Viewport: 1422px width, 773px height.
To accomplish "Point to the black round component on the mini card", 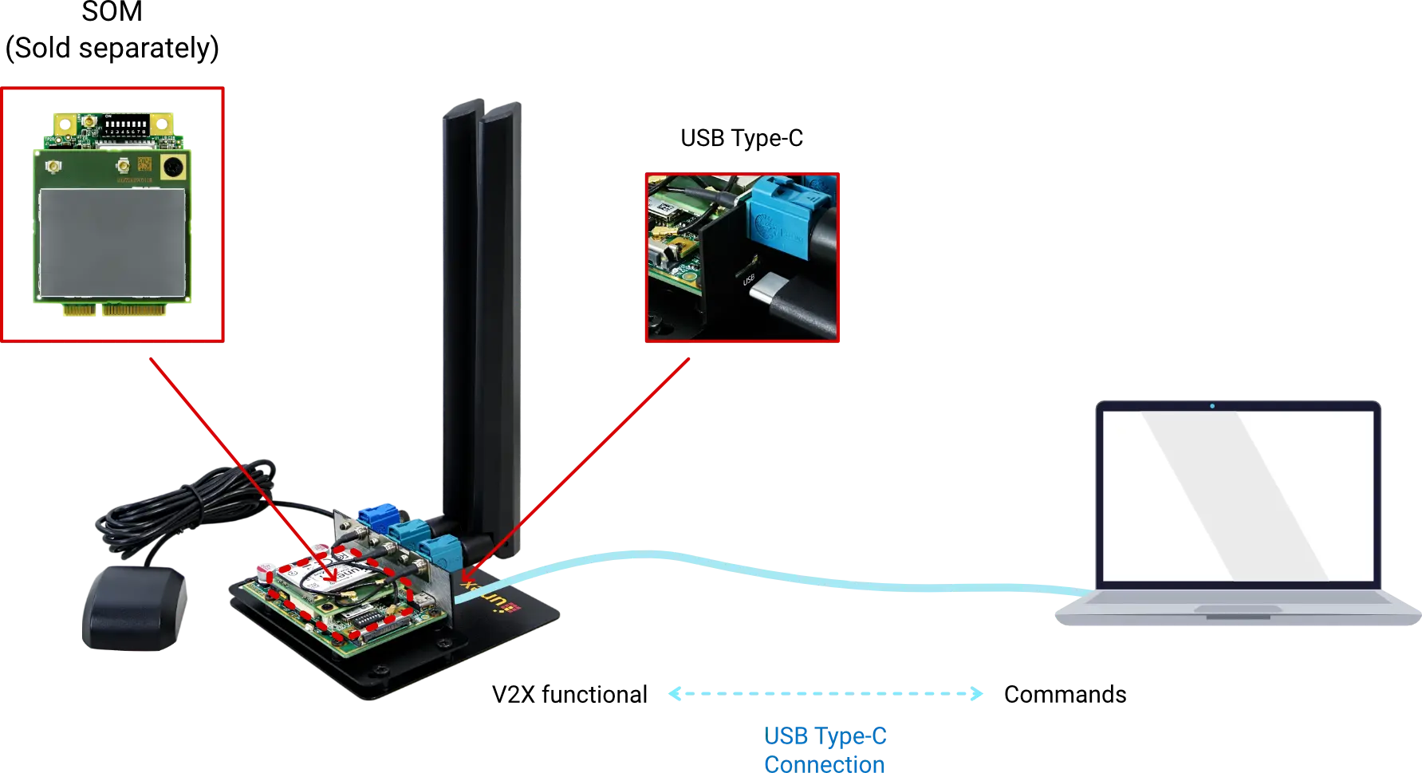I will coord(172,168).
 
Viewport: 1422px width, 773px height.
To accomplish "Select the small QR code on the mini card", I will coord(145,165).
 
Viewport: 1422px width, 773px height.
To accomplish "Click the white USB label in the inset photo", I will coord(748,280).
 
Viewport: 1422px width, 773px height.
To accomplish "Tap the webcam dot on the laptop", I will coord(1211,406).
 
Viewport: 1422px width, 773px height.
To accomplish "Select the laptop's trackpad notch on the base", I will coord(1238,617).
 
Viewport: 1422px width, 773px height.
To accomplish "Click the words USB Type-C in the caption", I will coord(825,736).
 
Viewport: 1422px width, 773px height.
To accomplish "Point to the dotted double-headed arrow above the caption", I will coord(826,694).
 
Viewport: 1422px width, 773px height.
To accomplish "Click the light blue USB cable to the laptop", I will coord(718,562).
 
